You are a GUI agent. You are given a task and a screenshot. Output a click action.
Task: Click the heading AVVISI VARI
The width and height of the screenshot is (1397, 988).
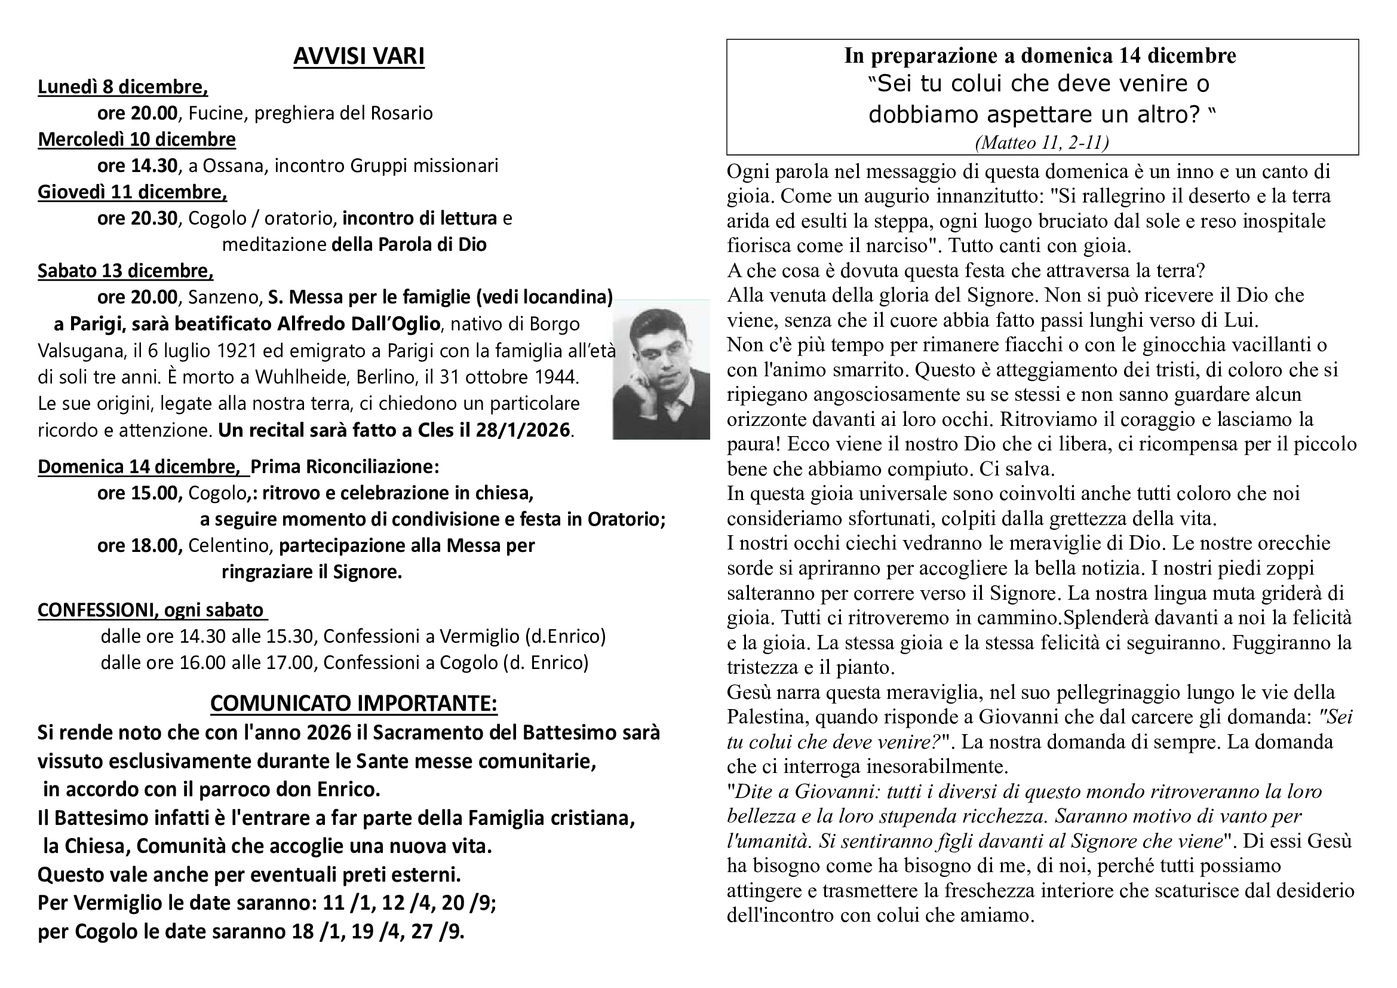[x=358, y=56]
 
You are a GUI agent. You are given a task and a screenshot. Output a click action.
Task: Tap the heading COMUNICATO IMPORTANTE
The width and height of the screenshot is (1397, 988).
[x=354, y=703]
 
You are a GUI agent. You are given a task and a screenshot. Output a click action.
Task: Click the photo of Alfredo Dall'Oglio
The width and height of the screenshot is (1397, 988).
[x=661, y=369]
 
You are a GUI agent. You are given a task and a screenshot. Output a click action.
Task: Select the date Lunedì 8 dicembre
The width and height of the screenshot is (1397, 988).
[x=122, y=87]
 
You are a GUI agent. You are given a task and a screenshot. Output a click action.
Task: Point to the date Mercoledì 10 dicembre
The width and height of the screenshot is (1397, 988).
[x=136, y=139]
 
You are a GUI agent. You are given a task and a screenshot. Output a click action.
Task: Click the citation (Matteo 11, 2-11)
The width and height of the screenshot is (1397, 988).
[x=1042, y=142]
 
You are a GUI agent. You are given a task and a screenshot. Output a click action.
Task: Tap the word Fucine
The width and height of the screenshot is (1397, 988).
[x=216, y=113]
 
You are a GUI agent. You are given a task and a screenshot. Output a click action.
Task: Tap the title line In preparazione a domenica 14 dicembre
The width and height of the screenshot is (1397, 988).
[x=1040, y=56]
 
